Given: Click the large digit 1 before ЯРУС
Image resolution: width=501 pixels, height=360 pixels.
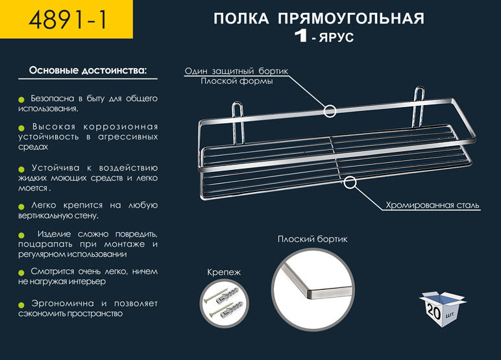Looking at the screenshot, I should [x=300, y=36].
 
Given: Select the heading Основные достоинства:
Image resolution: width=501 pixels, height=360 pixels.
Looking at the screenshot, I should [x=88, y=69].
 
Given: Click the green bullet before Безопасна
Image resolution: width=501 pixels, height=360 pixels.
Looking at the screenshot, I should [x=22, y=99].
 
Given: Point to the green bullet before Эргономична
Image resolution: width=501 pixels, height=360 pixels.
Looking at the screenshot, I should [x=22, y=304].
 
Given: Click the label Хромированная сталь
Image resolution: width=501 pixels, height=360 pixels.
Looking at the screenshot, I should [x=432, y=206].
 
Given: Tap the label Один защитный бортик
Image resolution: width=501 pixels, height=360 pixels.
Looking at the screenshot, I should [x=236, y=71].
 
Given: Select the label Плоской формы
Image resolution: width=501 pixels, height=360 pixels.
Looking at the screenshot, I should [x=236, y=82].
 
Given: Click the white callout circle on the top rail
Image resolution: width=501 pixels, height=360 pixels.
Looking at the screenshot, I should [x=330, y=111].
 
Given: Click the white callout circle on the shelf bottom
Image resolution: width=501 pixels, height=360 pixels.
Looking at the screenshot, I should [x=350, y=182].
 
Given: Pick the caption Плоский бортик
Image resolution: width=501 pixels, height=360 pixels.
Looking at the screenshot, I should [x=313, y=239].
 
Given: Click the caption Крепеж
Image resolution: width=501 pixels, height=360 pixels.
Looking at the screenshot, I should [x=224, y=272].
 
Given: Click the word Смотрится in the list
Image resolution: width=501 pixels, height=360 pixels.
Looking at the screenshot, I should [x=51, y=271].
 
